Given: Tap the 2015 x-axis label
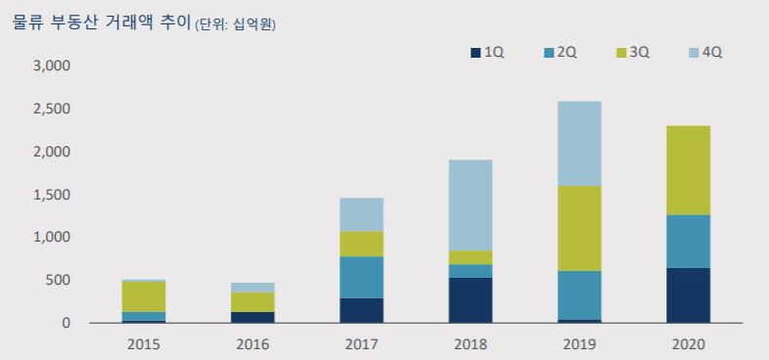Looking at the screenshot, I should pos(145,344).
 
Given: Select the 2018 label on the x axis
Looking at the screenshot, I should pos(471,344).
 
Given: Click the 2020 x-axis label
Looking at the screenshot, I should pos(688,344).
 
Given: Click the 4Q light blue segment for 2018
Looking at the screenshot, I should pos(471,204).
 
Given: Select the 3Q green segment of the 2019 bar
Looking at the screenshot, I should pos(579,228).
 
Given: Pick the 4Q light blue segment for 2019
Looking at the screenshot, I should pos(579,143).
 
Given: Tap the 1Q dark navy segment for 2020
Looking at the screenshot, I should pos(688,294).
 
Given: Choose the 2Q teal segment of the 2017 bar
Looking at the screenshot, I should pos(362,277).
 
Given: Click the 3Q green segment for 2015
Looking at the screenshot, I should pos(145,296).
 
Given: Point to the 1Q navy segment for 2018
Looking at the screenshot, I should pos(471,299).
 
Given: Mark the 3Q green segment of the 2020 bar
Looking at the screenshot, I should pos(688,169).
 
